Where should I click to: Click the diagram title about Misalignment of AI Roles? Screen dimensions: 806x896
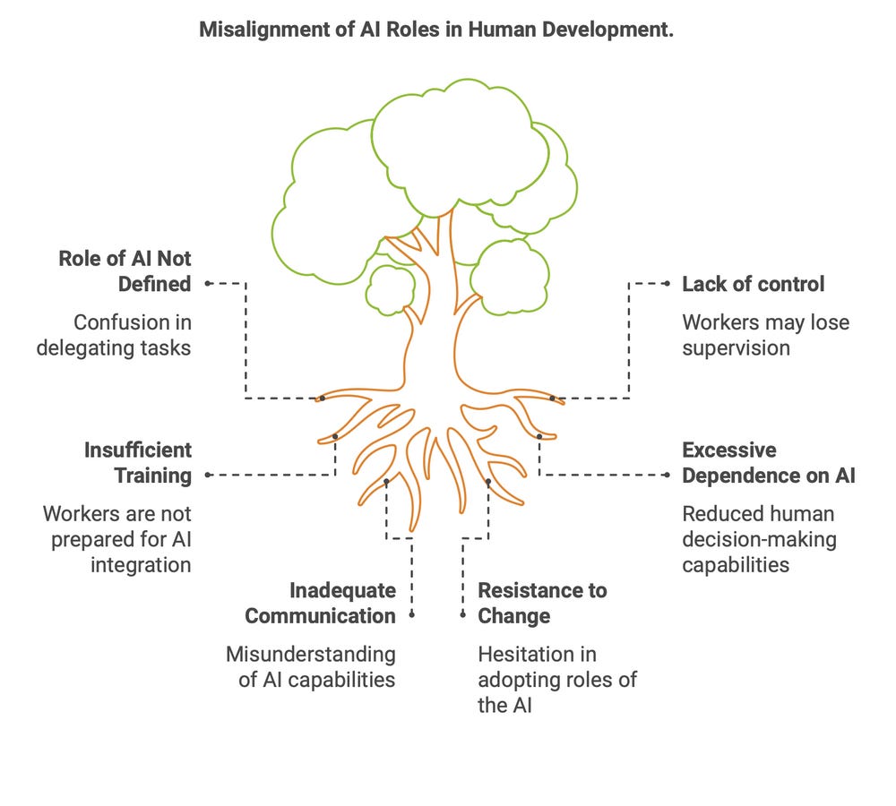coord(435,30)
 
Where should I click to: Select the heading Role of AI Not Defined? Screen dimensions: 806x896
coord(125,271)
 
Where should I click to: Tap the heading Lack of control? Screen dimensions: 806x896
coord(754,284)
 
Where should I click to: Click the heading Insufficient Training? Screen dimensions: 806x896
coord(138,462)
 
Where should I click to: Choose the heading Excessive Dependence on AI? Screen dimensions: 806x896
coord(768,462)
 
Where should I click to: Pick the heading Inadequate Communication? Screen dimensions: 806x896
coord(320,603)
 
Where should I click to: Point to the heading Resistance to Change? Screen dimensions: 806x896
coord(541,603)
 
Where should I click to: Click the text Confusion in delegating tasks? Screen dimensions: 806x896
coord(114,334)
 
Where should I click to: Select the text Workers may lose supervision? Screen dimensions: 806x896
coord(765,334)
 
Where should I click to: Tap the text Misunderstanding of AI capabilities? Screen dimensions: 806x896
coord(310,666)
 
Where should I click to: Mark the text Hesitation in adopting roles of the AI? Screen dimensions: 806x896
coord(556,680)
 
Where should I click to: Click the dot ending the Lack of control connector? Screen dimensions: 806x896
coord(667,283)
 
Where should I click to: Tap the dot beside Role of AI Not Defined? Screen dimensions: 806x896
coord(207,283)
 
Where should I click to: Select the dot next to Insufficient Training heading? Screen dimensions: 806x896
coord(207,475)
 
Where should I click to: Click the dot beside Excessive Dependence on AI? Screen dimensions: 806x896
coord(667,475)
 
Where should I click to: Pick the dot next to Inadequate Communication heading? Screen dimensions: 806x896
coord(411,614)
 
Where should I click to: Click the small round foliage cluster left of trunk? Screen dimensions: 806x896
coord(392,289)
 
